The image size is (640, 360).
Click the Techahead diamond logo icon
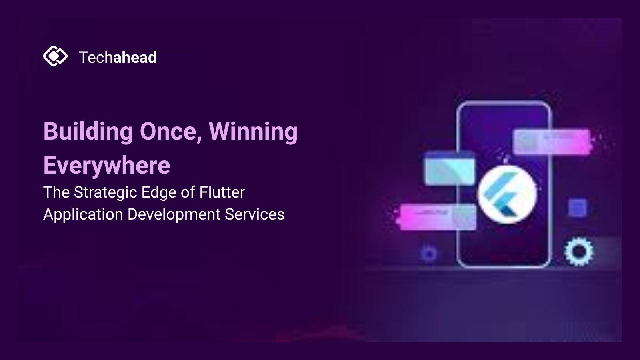point(55,56)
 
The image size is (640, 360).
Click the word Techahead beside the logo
point(118,57)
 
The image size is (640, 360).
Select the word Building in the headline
point(88,132)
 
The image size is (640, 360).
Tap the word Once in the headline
point(171,132)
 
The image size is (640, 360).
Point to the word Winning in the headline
point(253,132)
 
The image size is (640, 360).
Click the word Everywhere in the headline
point(107,166)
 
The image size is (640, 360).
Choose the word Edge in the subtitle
point(159,192)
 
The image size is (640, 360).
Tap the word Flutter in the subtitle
point(222,192)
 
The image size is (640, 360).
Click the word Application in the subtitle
point(83,214)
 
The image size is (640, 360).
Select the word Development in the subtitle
point(174,214)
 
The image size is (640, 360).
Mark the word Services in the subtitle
point(254,214)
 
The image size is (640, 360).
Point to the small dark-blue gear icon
point(429,254)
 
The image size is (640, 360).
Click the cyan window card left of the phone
point(450,168)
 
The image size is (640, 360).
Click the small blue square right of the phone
point(578,208)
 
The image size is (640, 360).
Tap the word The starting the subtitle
point(56,192)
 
